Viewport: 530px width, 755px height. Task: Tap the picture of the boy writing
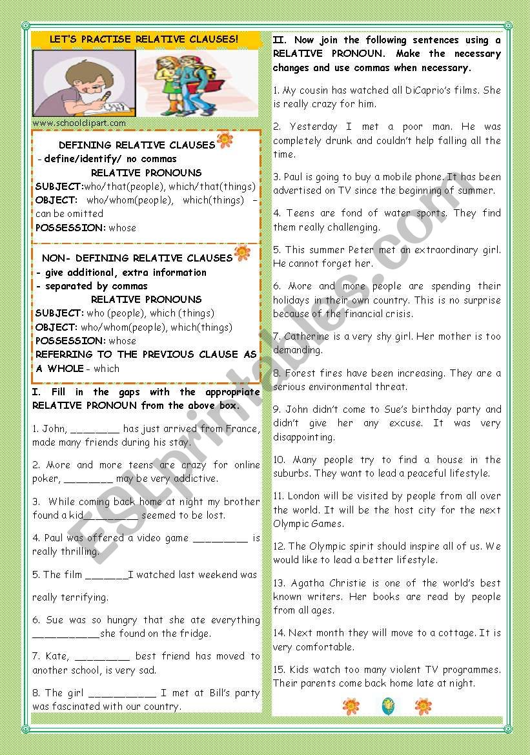point(83,83)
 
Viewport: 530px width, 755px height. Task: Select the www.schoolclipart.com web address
point(79,123)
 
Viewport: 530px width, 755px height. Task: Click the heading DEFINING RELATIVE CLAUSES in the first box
point(136,145)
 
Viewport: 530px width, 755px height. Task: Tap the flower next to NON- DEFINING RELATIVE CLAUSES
point(242,253)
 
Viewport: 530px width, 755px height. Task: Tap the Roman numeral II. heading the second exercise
point(280,40)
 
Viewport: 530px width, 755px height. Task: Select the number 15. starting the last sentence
point(280,670)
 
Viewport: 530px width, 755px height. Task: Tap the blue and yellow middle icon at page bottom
point(387,706)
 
